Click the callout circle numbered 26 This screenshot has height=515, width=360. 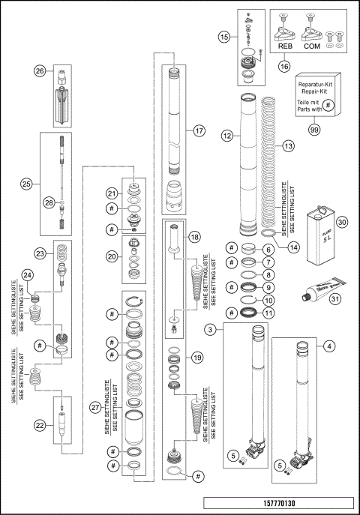40,71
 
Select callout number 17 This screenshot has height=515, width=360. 199,130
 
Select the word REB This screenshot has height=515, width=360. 285,46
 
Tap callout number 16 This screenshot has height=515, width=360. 284,66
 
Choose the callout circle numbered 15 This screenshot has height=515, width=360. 224,35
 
